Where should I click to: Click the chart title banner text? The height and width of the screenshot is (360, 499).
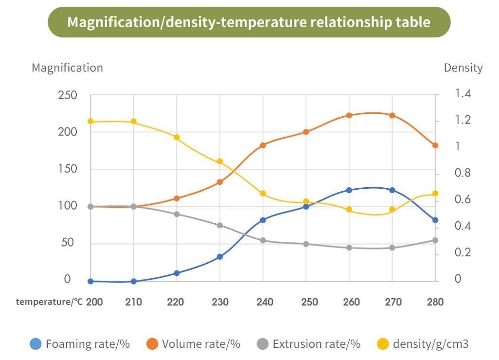[249, 22]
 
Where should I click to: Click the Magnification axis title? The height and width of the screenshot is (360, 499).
[67, 68]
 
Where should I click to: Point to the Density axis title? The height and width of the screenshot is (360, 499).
[463, 68]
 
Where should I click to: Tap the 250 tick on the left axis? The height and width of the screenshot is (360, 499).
[68, 95]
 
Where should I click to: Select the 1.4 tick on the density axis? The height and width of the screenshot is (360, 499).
[463, 93]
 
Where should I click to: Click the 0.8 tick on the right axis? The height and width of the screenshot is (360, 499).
[463, 173]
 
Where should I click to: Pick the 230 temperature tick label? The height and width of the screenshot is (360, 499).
[220, 302]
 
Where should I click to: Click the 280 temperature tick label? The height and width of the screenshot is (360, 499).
[435, 302]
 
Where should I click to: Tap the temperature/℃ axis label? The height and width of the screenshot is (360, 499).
[49, 302]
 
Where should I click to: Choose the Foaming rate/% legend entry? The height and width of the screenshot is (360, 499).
[80, 344]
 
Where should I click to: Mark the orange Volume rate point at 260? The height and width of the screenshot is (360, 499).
[349, 115]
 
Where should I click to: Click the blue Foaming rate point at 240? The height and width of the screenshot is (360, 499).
[263, 220]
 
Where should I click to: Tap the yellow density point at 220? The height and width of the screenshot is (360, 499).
[177, 137]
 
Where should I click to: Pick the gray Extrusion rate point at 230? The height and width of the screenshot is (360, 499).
[220, 225]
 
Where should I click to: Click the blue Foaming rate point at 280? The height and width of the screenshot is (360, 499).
[435, 220]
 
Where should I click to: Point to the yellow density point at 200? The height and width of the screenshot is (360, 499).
[90, 121]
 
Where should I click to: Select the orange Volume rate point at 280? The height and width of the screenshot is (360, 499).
[435, 145]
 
